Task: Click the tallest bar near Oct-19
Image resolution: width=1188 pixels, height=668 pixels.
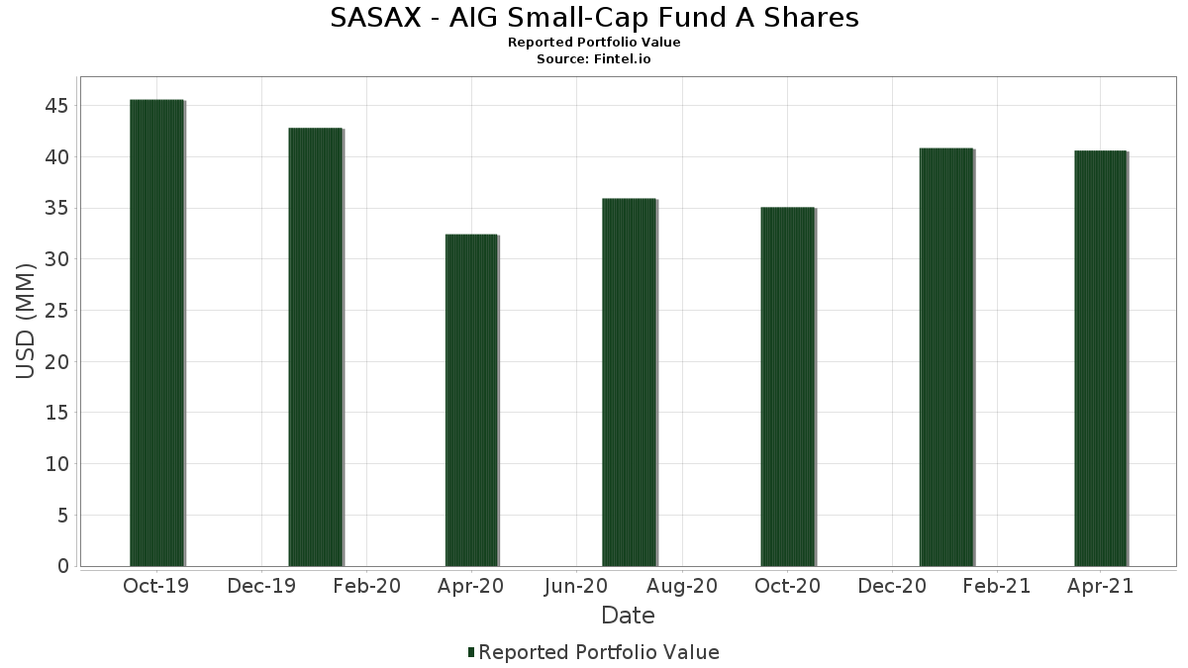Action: point(156,333)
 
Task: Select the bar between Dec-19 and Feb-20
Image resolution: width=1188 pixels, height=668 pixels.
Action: point(315,346)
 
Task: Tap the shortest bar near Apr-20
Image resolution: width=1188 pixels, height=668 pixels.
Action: point(471,400)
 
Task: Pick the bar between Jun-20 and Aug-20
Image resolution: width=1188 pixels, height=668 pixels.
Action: point(629,382)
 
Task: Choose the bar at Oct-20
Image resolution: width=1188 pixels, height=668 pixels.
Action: point(787,386)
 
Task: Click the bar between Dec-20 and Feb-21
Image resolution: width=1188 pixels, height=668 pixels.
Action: point(945,356)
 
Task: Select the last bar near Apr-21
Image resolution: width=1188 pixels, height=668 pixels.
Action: point(1100,358)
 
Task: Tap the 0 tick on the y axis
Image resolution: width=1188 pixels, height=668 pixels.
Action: point(63,566)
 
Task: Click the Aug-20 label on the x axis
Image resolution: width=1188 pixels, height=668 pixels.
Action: point(682,587)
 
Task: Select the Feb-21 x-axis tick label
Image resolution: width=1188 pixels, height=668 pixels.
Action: point(997,587)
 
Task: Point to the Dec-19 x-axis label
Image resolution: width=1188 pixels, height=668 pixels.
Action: point(261,587)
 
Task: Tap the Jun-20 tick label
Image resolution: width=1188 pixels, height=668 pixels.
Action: point(576,587)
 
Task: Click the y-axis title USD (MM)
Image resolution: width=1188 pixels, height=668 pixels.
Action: point(27,321)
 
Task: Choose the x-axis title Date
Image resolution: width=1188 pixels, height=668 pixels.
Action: point(628,616)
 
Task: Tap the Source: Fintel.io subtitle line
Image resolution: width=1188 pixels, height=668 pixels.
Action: point(593,59)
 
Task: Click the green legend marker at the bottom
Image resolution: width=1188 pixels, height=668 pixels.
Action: point(471,652)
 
